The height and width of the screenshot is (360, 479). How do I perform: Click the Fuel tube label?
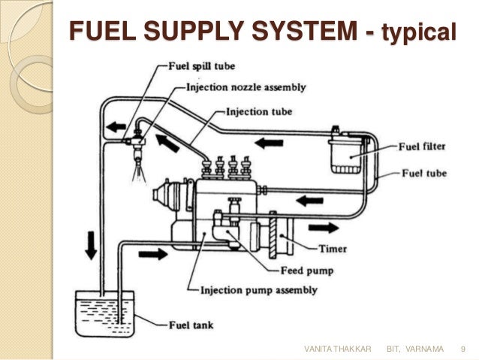(x=423, y=174)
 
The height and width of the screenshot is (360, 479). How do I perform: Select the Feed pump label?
(x=308, y=270)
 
